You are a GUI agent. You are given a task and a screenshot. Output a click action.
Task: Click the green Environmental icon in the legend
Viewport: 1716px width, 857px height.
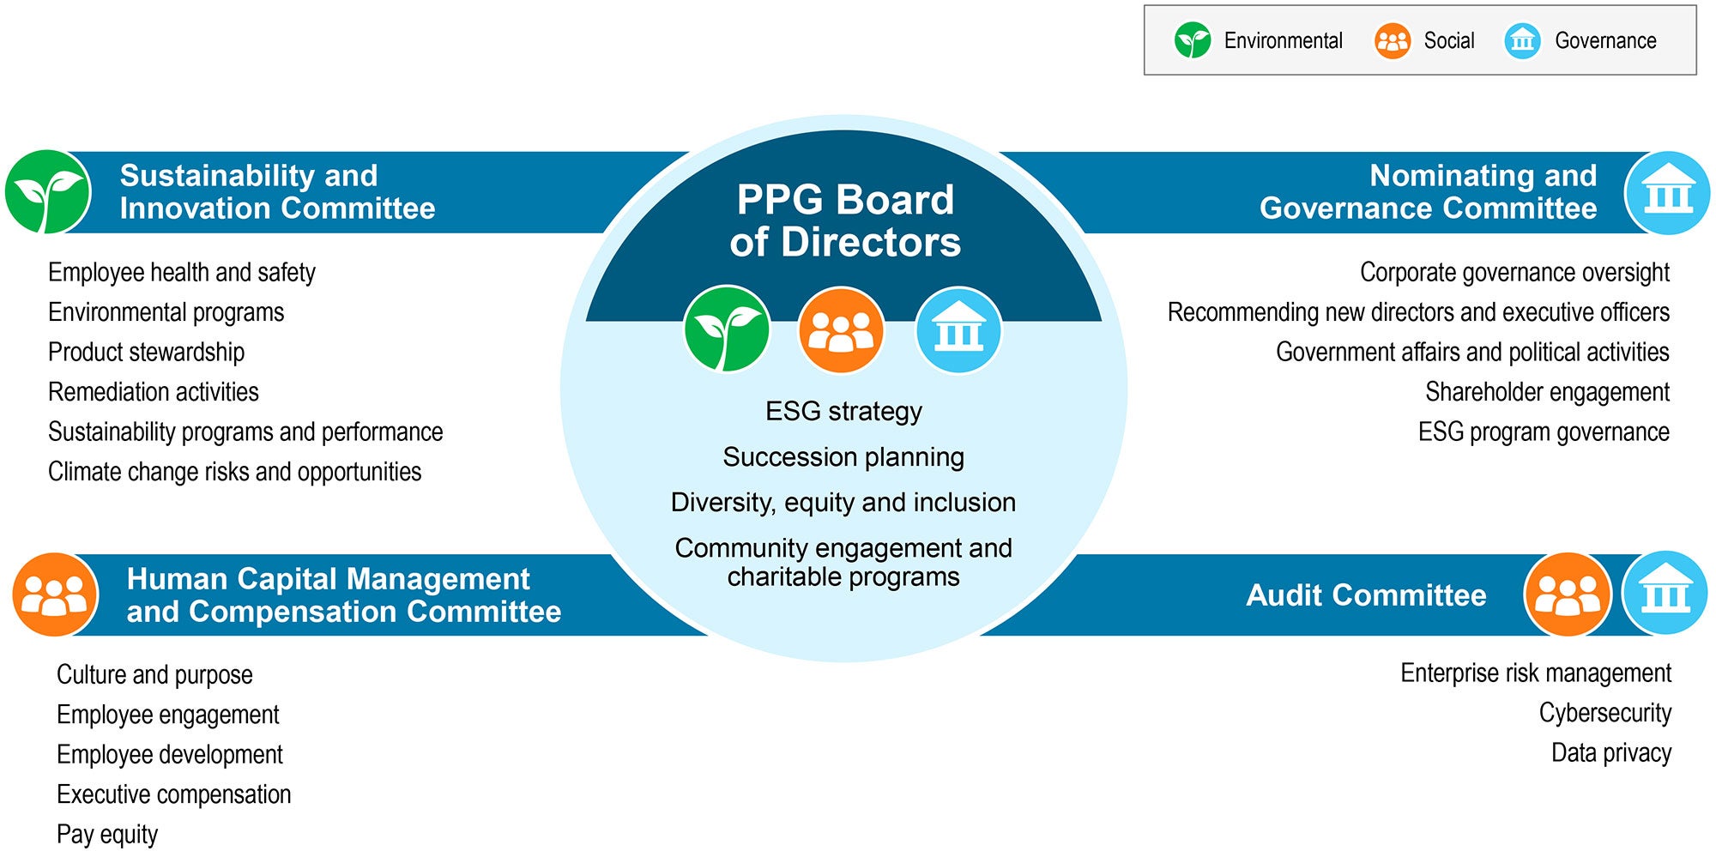coord(1192,40)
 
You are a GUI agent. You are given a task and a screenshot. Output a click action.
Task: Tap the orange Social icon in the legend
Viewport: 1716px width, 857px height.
coord(1392,40)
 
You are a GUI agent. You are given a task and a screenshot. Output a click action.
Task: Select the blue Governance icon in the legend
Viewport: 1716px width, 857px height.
coord(1522,40)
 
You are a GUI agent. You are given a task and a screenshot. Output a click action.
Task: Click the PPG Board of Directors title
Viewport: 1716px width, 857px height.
coord(845,220)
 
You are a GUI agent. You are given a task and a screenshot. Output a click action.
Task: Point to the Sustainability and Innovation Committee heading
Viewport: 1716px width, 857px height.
coord(277,192)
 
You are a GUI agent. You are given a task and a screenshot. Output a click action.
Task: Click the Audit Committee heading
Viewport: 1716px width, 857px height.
coord(1366,594)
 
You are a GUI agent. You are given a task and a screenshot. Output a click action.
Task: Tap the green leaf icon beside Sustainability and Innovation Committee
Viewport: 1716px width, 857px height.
coord(48,192)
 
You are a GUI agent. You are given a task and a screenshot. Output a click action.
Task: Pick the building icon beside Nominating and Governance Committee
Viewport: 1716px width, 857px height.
coord(1667,193)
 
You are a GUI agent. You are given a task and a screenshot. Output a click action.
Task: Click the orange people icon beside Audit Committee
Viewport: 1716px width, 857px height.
coord(1568,594)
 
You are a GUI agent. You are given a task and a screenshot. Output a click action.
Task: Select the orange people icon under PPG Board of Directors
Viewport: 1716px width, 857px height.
coord(841,329)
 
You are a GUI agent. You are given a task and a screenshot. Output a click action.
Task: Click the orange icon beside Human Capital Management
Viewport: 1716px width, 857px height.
coord(55,594)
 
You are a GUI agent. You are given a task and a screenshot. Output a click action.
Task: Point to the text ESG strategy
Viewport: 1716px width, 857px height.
coord(843,412)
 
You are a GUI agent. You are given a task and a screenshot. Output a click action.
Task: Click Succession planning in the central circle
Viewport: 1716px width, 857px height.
coord(843,457)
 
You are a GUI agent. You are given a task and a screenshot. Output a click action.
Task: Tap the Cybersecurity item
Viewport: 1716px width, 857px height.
coord(1604,713)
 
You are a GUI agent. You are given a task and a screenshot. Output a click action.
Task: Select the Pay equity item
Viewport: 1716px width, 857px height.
coord(107,835)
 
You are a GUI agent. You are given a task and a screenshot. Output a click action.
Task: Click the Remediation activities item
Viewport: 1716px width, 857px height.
coord(154,392)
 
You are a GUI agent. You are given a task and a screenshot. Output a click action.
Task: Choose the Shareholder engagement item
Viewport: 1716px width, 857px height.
coord(1547,392)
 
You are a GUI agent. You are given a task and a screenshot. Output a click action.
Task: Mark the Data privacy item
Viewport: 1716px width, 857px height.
coord(1611,753)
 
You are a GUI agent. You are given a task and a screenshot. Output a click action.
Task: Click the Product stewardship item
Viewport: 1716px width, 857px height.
coord(146,353)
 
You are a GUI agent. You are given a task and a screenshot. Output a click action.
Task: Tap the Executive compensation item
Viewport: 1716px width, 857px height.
coord(174,794)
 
